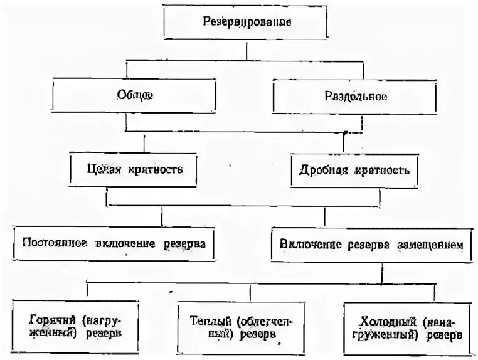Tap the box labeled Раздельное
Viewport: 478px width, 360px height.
pyautogui.click(x=355, y=97)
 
